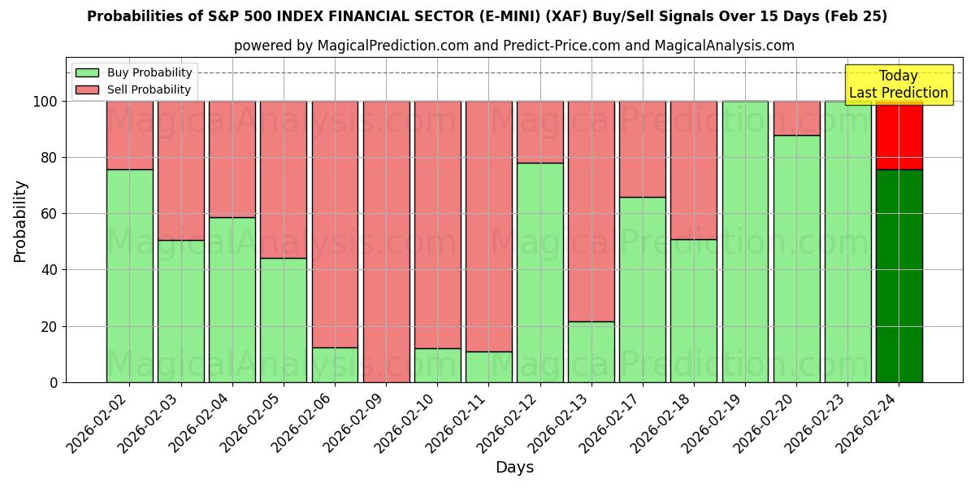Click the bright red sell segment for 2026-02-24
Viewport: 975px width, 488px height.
(899, 135)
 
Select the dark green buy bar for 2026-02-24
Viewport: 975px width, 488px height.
(899, 276)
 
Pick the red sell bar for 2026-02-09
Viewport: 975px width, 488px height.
(386, 242)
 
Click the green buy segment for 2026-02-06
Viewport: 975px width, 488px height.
(335, 364)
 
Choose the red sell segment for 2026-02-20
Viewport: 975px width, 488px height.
(796, 118)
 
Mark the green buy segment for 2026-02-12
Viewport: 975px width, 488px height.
(540, 272)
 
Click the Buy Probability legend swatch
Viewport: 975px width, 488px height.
(87, 72)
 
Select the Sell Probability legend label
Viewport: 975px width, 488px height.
(149, 89)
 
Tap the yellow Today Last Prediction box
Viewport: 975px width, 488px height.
(899, 85)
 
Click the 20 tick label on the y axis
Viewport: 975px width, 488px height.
(50, 327)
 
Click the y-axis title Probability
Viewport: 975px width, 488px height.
(20, 221)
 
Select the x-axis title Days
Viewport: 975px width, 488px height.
(514, 468)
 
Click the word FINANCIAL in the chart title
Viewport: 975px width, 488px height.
(362, 16)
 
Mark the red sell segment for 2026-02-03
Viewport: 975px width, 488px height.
(181, 170)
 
